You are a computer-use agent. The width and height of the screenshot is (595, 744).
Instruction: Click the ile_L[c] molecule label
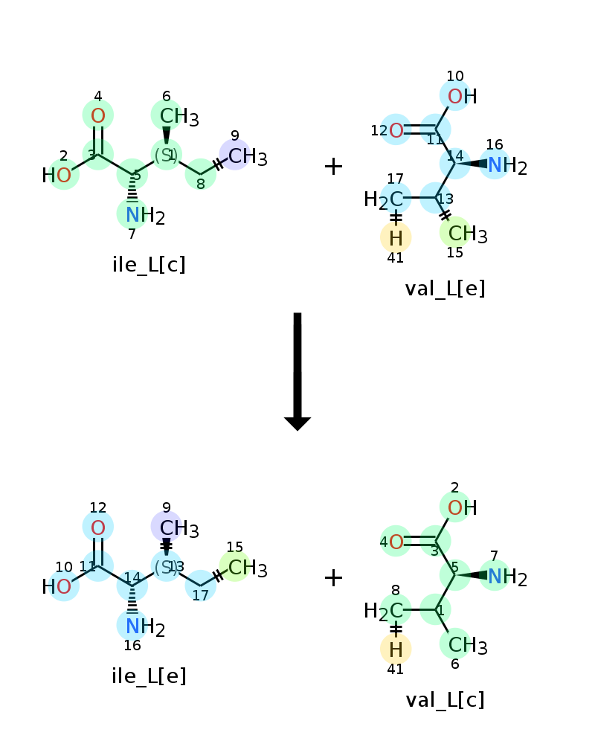[149, 265]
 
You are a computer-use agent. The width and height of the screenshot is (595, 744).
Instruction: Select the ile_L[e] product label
[149, 676]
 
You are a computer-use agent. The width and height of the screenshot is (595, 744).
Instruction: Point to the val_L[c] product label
[445, 700]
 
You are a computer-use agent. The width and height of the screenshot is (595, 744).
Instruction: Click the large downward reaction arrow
[297, 371]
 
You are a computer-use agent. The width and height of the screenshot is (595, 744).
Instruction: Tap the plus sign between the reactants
[333, 167]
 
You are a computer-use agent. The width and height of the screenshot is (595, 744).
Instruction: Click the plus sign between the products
[333, 578]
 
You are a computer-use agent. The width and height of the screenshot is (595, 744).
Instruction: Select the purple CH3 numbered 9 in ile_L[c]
[247, 156]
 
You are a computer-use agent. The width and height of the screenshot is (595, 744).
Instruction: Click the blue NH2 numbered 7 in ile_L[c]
[145, 216]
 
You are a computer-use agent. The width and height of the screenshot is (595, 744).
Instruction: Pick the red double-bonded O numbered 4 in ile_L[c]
[97, 116]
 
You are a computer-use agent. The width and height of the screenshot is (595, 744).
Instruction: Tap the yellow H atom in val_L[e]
[396, 238]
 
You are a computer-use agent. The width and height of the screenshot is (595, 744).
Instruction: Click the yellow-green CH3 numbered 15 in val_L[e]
[467, 234]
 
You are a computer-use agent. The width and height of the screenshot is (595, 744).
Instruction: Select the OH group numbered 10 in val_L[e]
[462, 96]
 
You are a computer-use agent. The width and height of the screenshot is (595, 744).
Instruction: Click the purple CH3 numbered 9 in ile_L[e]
[179, 528]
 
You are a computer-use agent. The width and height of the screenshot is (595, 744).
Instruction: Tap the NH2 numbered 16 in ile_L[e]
[145, 627]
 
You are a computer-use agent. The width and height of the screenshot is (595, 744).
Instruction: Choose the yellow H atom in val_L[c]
[396, 650]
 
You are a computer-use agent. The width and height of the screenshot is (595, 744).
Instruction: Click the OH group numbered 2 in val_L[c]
[462, 507]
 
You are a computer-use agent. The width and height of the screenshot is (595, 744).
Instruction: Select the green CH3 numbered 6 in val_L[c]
[467, 645]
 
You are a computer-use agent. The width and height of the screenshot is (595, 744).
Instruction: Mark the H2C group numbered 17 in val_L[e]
[383, 199]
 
